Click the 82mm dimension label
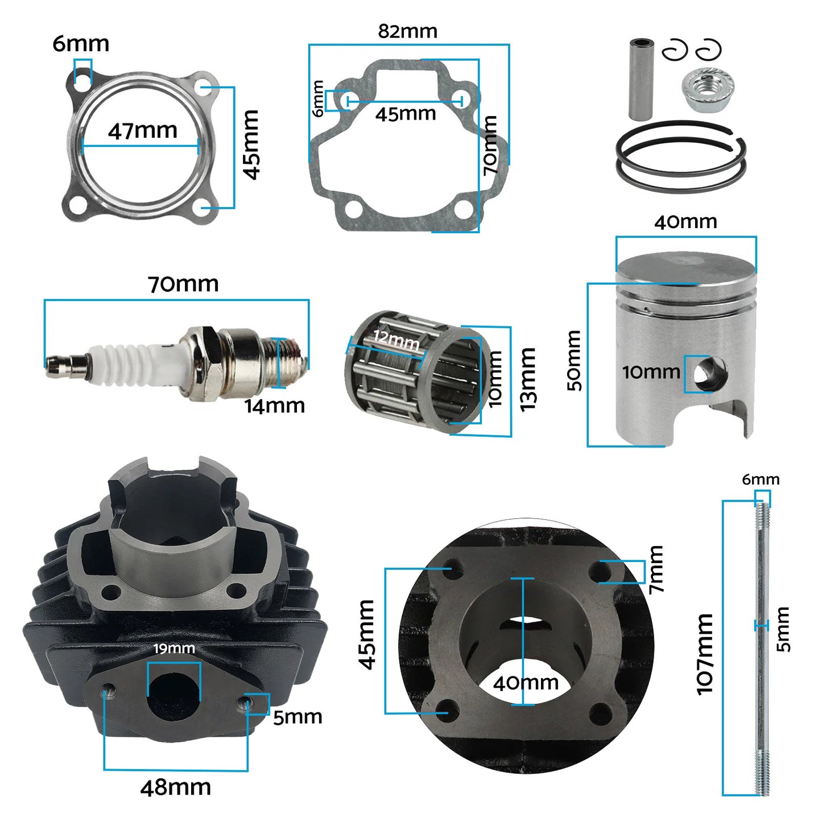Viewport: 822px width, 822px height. pyautogui.click(x=408, y=31)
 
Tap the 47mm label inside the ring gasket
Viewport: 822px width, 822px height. pyautogui.click(x=143, y=131)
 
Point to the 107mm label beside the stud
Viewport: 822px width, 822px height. pyautogui.click(x=705, y=654)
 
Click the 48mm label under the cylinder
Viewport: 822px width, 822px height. pyautogui.click(x=175, y=788)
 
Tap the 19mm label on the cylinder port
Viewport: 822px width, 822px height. pyautogui.click(x=174, y=648)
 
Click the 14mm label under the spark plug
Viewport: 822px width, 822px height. pyautogui.click(x=275, y=406)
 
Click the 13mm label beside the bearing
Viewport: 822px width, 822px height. pyautogui.click(x=528, y=379)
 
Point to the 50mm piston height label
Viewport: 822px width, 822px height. pyautogui.click(x=575, y=361)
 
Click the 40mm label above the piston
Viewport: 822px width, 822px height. pyautogui.click(x=685, y=222)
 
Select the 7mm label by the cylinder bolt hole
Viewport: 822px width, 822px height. pyautogui.click(x=656, y=569)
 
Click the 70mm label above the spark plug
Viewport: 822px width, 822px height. pyautogui.click(x=183, y=284)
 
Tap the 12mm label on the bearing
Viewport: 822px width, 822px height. pyautogui.click(x=396, y=340)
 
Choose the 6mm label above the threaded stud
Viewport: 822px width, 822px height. pyautogui.click(x=761, y=480)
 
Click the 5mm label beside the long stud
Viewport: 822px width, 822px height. pyautogui.click(x=783, y=629)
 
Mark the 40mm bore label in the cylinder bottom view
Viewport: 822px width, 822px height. pyautogui.click(x=526, y=683)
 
